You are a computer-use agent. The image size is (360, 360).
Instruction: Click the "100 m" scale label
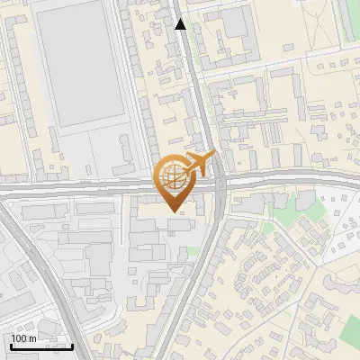coord(24,337)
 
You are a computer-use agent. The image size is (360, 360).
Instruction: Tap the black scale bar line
coord(41,346)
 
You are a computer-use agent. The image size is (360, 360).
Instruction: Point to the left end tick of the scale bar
coord(11,345)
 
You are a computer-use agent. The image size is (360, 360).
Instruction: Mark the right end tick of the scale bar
coord(72,345)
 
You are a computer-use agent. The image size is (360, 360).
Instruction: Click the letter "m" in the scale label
coord(32,337)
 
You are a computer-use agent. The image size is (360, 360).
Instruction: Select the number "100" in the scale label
coord(19,337)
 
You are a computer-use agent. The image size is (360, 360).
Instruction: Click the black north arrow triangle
coord(181,24)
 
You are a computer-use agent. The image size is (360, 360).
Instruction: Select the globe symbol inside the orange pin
coord(175,175)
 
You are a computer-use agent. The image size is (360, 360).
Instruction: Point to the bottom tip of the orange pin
coord(175,212)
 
